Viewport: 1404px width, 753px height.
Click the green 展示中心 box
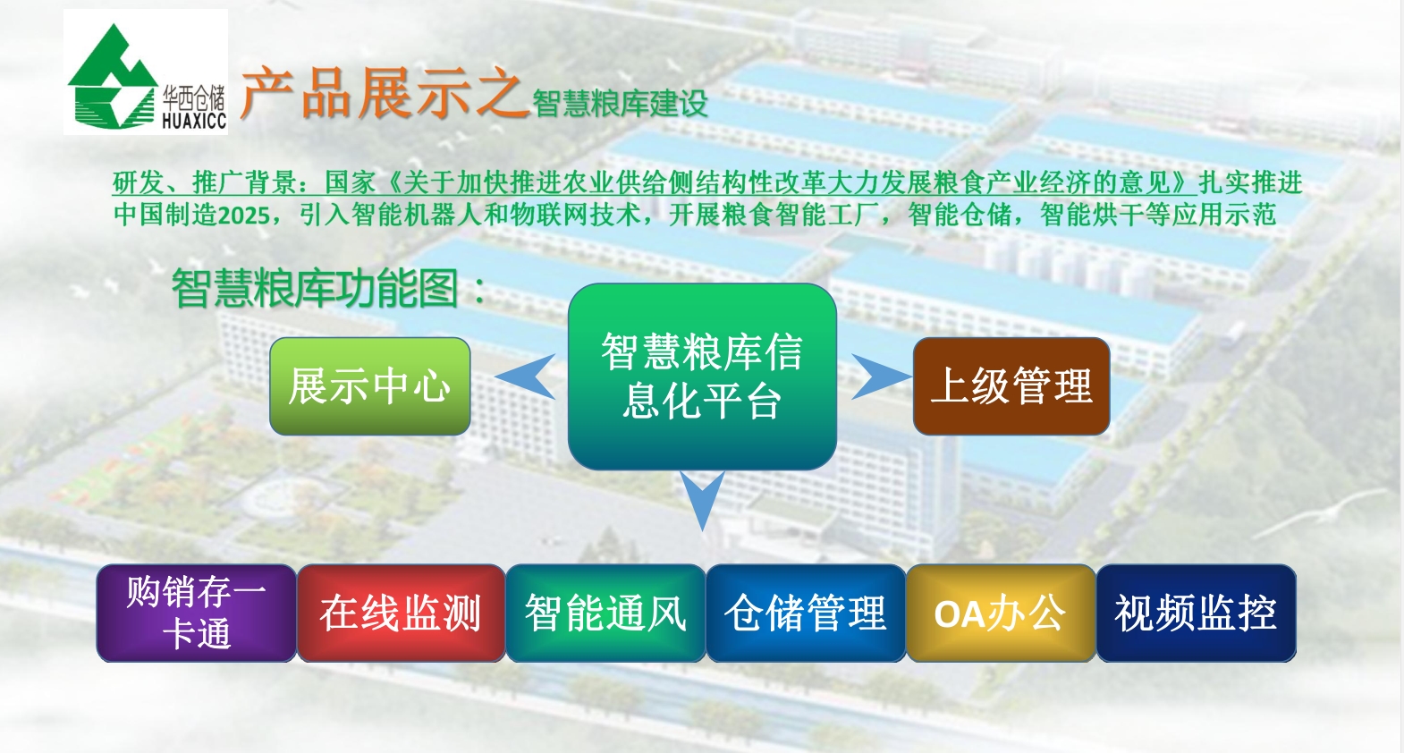pyautogui.click(x=370, y=386)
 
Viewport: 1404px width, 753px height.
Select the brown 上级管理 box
pyautogui.click(x=1011, y=386)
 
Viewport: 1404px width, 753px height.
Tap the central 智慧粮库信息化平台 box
pyautogui.click(x=702, y=376)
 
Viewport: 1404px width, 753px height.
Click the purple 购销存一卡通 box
pyautogui.click(x=196, y=613)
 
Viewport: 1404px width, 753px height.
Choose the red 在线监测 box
pyautogui.click(x=402, y=613)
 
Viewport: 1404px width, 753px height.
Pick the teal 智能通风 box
pyautogui.click(x=605, y=613)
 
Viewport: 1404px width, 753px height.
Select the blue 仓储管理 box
pyautogui.click(x=806, y=613)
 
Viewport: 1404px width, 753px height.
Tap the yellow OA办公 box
pyautogui.click(x=1001, y=613)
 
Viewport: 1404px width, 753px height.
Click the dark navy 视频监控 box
pyautogui.click(x=1196, y=613)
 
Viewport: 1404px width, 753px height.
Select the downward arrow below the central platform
pyautogui.click(x=702, y=498)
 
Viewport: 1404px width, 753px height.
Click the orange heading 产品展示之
pyautogui.click(x=384, y=93)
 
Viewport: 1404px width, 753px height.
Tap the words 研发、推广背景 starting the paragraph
pyautogui.click(x=205, y=183)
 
